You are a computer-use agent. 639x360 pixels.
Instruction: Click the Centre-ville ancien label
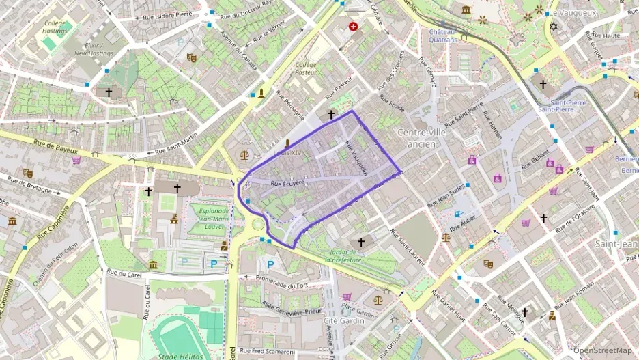[421, 137]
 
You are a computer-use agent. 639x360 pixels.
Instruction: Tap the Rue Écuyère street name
[287, 183]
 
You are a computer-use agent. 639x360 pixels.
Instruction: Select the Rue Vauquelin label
[358, 158]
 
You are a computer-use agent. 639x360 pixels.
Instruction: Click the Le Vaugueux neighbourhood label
[573, 13]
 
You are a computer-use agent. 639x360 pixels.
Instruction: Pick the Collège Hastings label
[55, 27]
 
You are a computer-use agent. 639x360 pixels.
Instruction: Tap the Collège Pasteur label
[305, 68]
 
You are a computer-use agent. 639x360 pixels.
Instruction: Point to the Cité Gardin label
[341, 320]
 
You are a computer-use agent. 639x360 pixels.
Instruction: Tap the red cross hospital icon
[353, 27]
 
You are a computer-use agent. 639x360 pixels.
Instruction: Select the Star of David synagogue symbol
[553, 27]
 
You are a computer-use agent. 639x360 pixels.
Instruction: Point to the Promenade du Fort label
[282, 277]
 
